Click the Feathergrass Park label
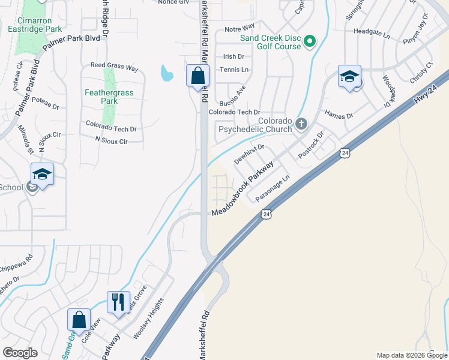pos(109,97)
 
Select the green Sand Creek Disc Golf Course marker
pos(310,41)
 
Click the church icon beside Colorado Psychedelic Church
pos(301,124)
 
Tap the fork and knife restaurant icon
pos(118,302)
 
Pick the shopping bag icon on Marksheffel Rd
pos(197,76)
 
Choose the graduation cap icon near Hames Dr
pos(349,77)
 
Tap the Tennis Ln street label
pos(235,70)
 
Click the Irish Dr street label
pos(234,56)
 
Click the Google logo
pos(20,353)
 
